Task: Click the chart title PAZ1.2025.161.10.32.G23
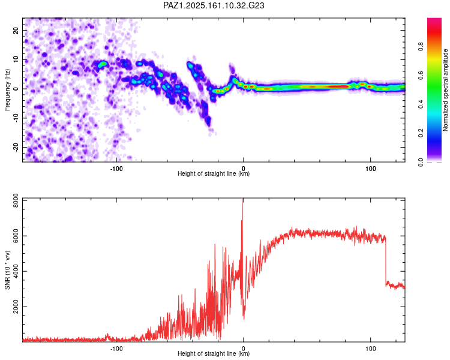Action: click(214, 5)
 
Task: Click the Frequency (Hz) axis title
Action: click(7, 90)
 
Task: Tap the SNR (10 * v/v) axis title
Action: click(7, 270)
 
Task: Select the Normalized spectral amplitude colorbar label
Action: click(445, 90)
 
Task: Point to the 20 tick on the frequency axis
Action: click(16, 31)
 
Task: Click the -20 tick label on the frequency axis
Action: click(16, 148)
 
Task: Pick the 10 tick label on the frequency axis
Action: click(16, 60)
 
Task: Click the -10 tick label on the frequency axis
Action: click(16, 118)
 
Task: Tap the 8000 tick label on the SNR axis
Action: click(16, 200)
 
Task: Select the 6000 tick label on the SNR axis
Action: click(16, 236)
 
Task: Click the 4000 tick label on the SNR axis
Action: click(16, 271)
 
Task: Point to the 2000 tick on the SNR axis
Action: click(16, 307)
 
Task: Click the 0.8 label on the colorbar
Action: click(421, 47)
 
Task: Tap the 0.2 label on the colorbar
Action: click(421, 133)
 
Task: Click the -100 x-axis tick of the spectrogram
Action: click(116, 169)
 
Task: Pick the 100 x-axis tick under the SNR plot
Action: click(371, 349)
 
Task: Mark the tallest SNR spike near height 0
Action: click(242, 201)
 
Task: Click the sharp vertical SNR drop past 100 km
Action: click(386, 261)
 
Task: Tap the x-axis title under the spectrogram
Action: click(214, 173)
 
